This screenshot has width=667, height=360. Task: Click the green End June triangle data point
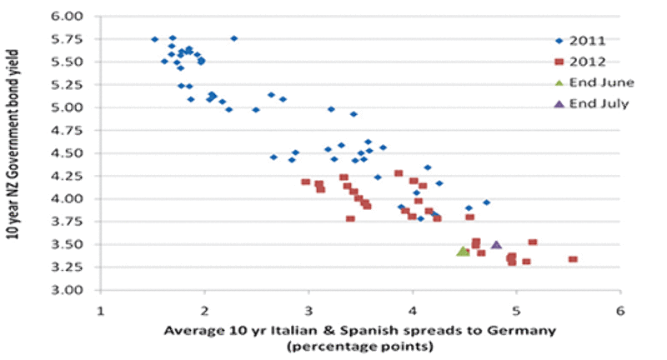[x=464, y=250]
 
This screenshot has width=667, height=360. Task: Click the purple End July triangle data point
[x=496, y=244]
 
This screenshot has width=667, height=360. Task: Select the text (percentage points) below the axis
[x=360, y=347]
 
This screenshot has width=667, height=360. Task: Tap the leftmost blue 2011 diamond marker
[x=154, y=39]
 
